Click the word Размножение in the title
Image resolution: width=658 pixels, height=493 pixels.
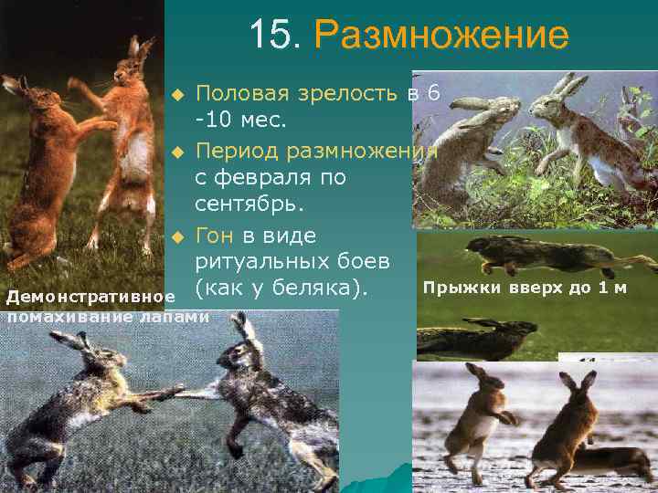440,37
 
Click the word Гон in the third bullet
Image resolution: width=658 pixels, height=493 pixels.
216,236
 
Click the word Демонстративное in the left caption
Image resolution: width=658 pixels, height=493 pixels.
90,298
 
